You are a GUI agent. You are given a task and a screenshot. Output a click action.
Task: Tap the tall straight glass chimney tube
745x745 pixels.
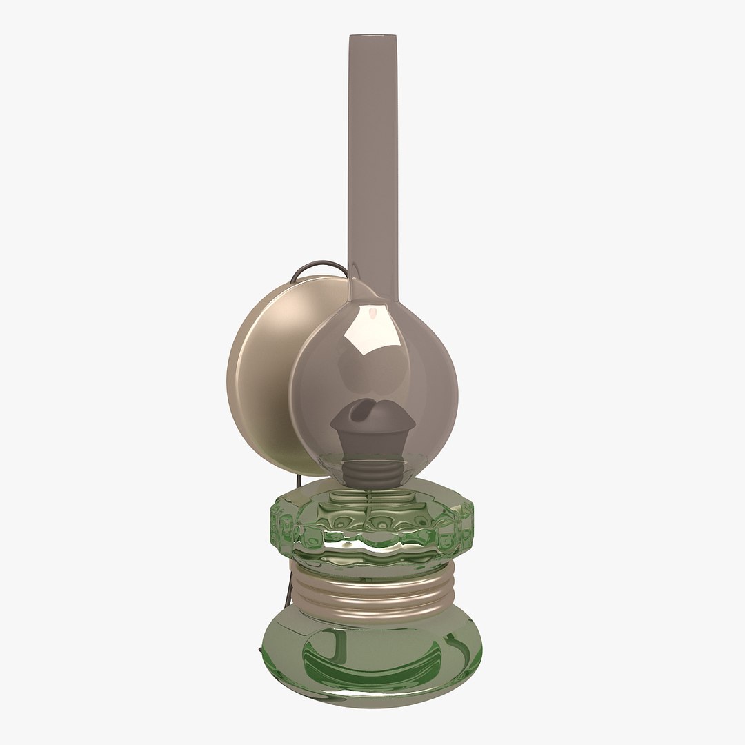click(373, 152)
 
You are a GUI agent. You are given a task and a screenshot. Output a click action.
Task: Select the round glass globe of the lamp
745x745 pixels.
click(414, 386)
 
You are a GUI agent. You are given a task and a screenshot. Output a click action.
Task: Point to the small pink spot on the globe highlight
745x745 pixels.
click(372, 315)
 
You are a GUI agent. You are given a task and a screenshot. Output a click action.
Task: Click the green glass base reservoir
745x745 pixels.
click(372, 655)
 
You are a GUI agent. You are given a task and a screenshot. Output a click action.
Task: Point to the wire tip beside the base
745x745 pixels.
click(260, 650)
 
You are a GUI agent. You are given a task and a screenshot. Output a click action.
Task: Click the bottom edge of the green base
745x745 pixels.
click(372, 705)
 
